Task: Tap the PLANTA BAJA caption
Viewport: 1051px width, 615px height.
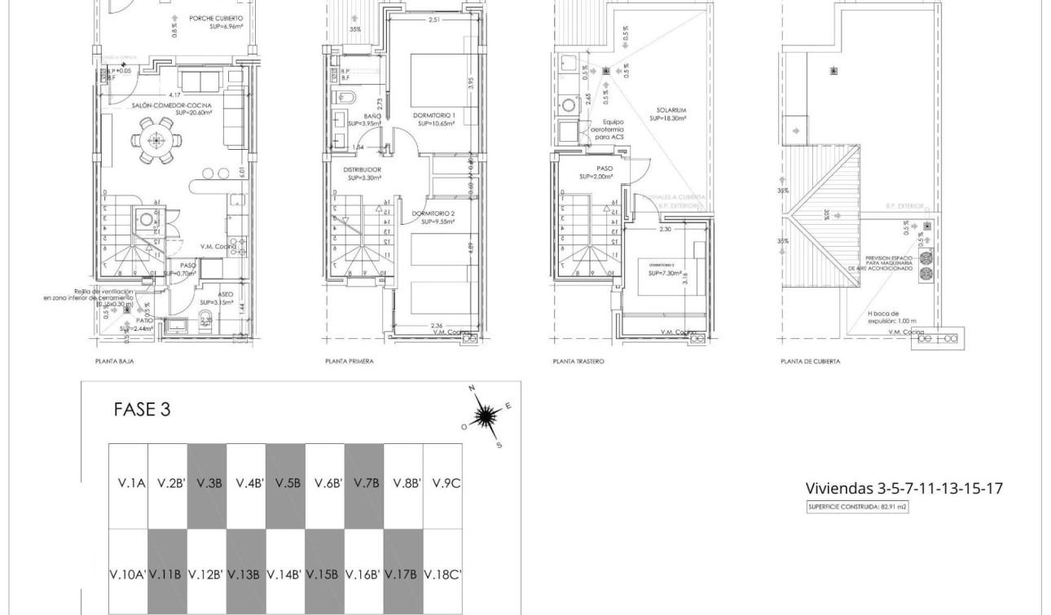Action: (x=115, y=361)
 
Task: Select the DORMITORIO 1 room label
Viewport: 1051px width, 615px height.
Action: (x=436, y=116)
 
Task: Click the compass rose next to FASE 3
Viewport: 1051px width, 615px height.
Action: (x=486, y=417)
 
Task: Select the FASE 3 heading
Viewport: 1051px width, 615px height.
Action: (x=142, y=410)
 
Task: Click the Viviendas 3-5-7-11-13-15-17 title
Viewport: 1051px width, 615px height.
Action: (x=904, y=488)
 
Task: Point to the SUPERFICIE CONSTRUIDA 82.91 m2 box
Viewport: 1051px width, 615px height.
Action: (x=857, y=507)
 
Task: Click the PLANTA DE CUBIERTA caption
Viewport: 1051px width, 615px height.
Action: (x=811, y=361)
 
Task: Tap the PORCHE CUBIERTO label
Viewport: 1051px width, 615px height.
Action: (x=216, y=18)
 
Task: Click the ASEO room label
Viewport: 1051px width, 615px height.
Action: (x=226, y=295)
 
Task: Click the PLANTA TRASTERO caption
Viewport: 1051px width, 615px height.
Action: (x=578, y=361)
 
